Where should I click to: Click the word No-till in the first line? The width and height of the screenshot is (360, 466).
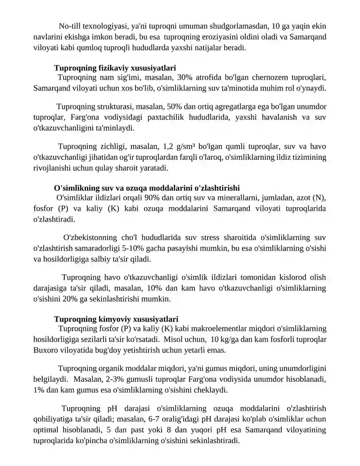[70, 26]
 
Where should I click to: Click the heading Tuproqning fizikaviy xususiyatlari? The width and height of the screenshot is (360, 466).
[115, 68]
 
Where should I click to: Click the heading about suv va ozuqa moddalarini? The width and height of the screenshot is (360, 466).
[147, 188]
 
